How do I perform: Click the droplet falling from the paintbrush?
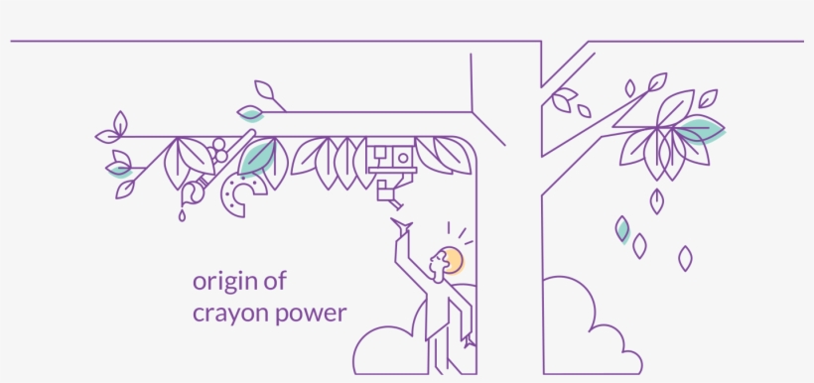(x=183, y=213)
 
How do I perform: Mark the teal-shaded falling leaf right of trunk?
(x=622, y=229)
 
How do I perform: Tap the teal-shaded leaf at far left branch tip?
(x=119, y=168)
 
